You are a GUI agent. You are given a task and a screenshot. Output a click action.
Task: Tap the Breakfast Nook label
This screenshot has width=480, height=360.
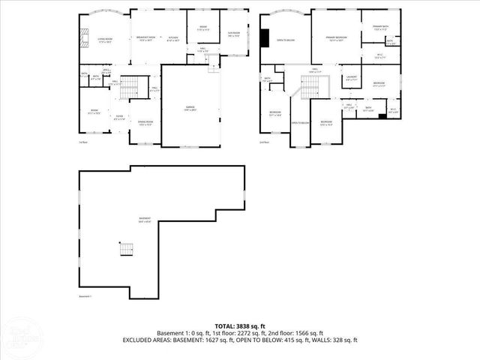click(x=146, y=38)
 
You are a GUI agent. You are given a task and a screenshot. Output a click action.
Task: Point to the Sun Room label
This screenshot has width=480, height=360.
click(x=234, y=34)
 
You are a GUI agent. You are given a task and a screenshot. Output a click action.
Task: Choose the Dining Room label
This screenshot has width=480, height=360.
click(x=145, y=123)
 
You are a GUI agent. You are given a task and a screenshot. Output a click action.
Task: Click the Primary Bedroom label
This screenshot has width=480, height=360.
click(x=335, y=38)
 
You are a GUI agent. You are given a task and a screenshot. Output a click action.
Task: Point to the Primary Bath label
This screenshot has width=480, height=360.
click(x=381, y=28)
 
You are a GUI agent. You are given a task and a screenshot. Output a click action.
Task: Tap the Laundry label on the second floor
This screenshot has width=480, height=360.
click(x=351, y=77)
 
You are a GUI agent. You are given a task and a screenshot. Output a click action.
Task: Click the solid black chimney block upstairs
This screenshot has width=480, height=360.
click(x=265, y=37)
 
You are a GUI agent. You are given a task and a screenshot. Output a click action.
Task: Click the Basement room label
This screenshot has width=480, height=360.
click(x=145, y=220)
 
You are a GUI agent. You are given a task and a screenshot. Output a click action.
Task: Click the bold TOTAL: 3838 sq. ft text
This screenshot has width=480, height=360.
click(x=240, y=326)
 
